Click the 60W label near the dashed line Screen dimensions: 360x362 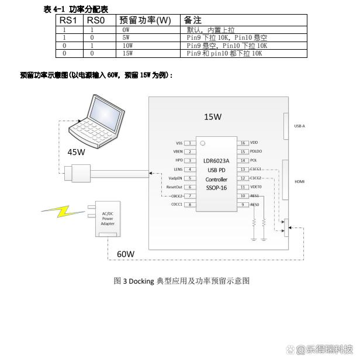tap(126, 254)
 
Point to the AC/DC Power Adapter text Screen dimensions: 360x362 tap(108, 219)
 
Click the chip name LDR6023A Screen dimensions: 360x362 tap(216, 161)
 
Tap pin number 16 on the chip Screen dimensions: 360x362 tap(243, 143)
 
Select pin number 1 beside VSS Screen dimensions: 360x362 tap(189, 143)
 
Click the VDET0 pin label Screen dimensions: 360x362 tap(256, 187)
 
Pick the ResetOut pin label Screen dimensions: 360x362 tap(175, 187)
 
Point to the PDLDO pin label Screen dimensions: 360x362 tap(257, 151)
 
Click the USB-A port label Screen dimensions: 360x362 tap(299, 126)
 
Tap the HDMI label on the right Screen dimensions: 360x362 tap(299, 181)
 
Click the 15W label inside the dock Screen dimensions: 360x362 tap(213, 116)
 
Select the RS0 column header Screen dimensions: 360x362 tap(95, 20)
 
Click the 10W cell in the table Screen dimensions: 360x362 tap(127, 45)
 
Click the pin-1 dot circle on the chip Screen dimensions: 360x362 tap(202, 142)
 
